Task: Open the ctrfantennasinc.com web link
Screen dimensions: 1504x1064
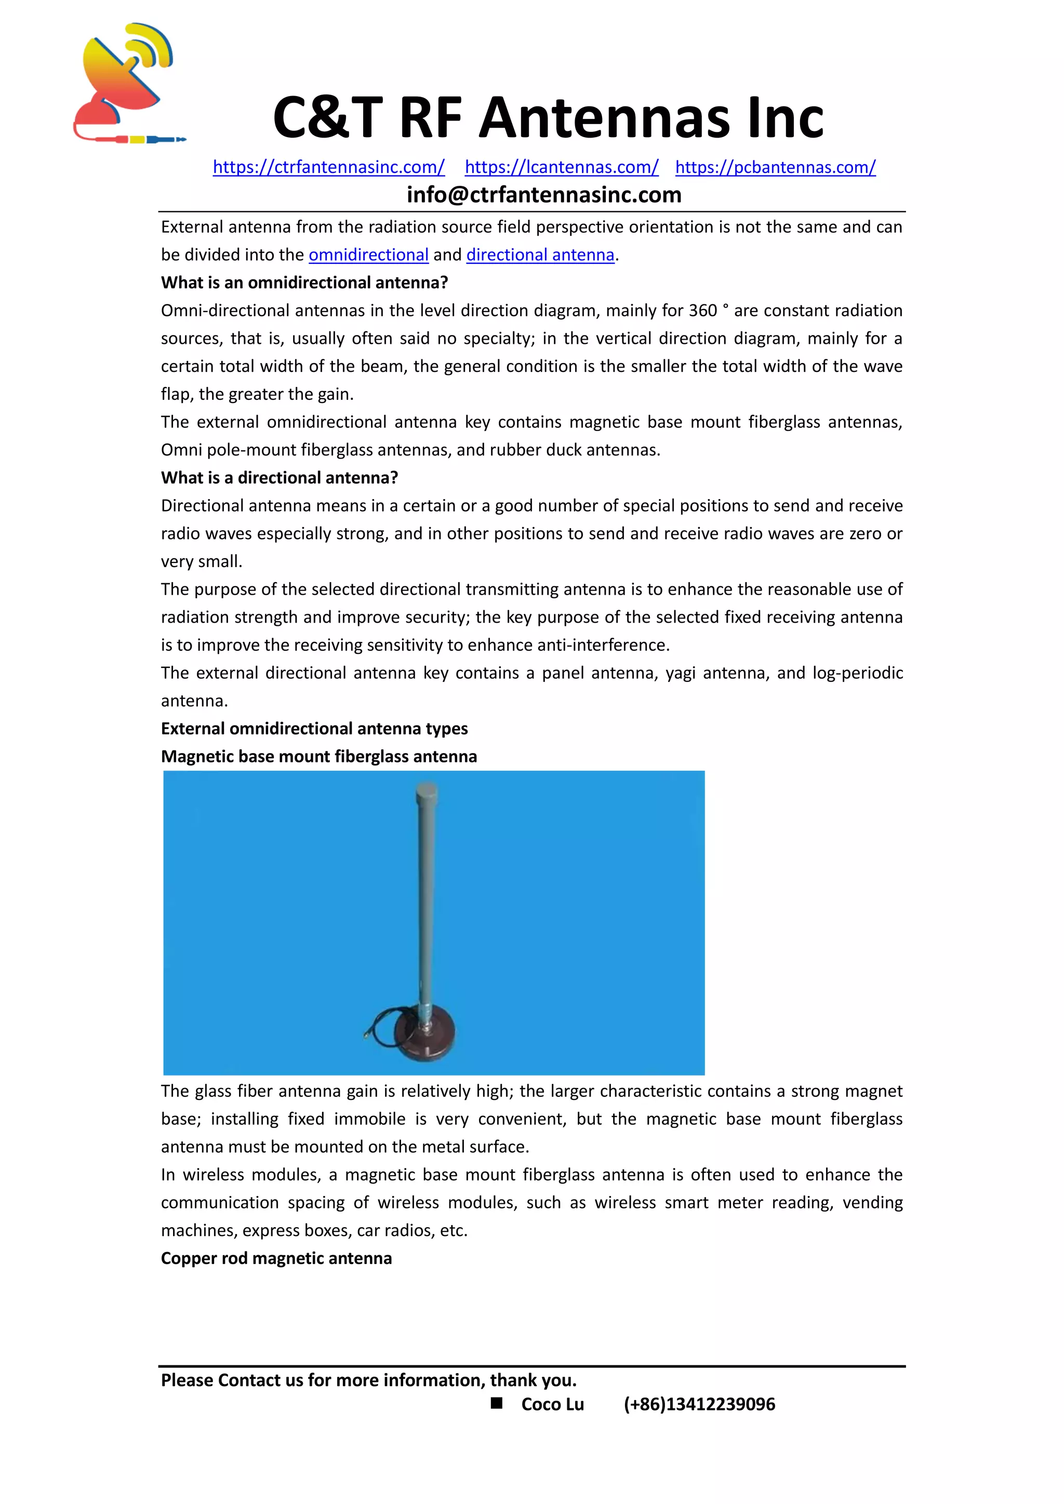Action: pos(328,167)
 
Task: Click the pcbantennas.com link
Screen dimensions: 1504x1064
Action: pos(775,167)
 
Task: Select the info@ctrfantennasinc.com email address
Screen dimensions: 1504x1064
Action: pos(544,195)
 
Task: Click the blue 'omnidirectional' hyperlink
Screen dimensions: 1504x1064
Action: pos(368,255)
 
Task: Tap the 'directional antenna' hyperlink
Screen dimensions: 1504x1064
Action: pos(540,255)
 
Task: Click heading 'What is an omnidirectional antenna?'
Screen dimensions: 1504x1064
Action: pos(304,283)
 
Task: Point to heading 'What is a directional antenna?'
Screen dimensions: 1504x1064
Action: pos(279,478)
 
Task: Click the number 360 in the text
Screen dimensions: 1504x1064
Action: pos(702,311)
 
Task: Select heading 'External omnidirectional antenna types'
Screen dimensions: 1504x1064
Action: pos(314,729)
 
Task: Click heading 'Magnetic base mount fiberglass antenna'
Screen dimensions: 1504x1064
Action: pos(318,757)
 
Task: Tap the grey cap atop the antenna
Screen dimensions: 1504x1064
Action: pos(426,793)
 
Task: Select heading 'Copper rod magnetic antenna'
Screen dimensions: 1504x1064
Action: pos(276,1258)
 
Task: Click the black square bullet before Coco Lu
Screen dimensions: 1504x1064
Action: pos(497,1403)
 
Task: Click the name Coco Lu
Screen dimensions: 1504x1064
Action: pos(552,1404)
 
